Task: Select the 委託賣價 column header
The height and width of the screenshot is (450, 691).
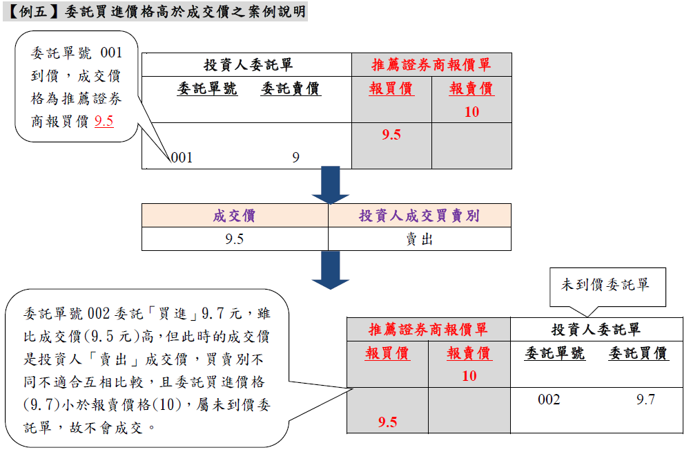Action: [291, 88]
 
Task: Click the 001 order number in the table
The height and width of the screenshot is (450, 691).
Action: [182, 158]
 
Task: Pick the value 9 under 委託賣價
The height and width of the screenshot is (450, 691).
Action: [295, 158]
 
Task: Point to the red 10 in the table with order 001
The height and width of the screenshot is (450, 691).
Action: [471, 112]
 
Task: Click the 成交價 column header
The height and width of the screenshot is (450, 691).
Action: [234, 216]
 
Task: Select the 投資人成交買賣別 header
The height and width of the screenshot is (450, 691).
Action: [419, 216]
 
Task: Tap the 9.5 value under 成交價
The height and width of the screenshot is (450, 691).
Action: [234, 239]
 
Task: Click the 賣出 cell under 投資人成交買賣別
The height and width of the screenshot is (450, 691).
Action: [419, 239]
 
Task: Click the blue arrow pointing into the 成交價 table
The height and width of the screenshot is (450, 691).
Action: [331, 185]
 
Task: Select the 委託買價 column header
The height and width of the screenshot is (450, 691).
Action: [638, 353]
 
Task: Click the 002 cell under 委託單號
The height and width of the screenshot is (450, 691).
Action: [549, 400]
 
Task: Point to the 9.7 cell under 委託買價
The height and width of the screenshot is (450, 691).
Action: [645, 400]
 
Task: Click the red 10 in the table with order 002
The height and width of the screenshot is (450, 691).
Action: [469, 376]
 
